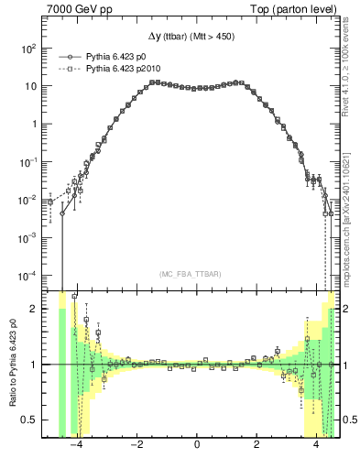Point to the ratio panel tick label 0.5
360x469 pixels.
coord(34,420)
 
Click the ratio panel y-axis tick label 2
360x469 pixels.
coord(38,309)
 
